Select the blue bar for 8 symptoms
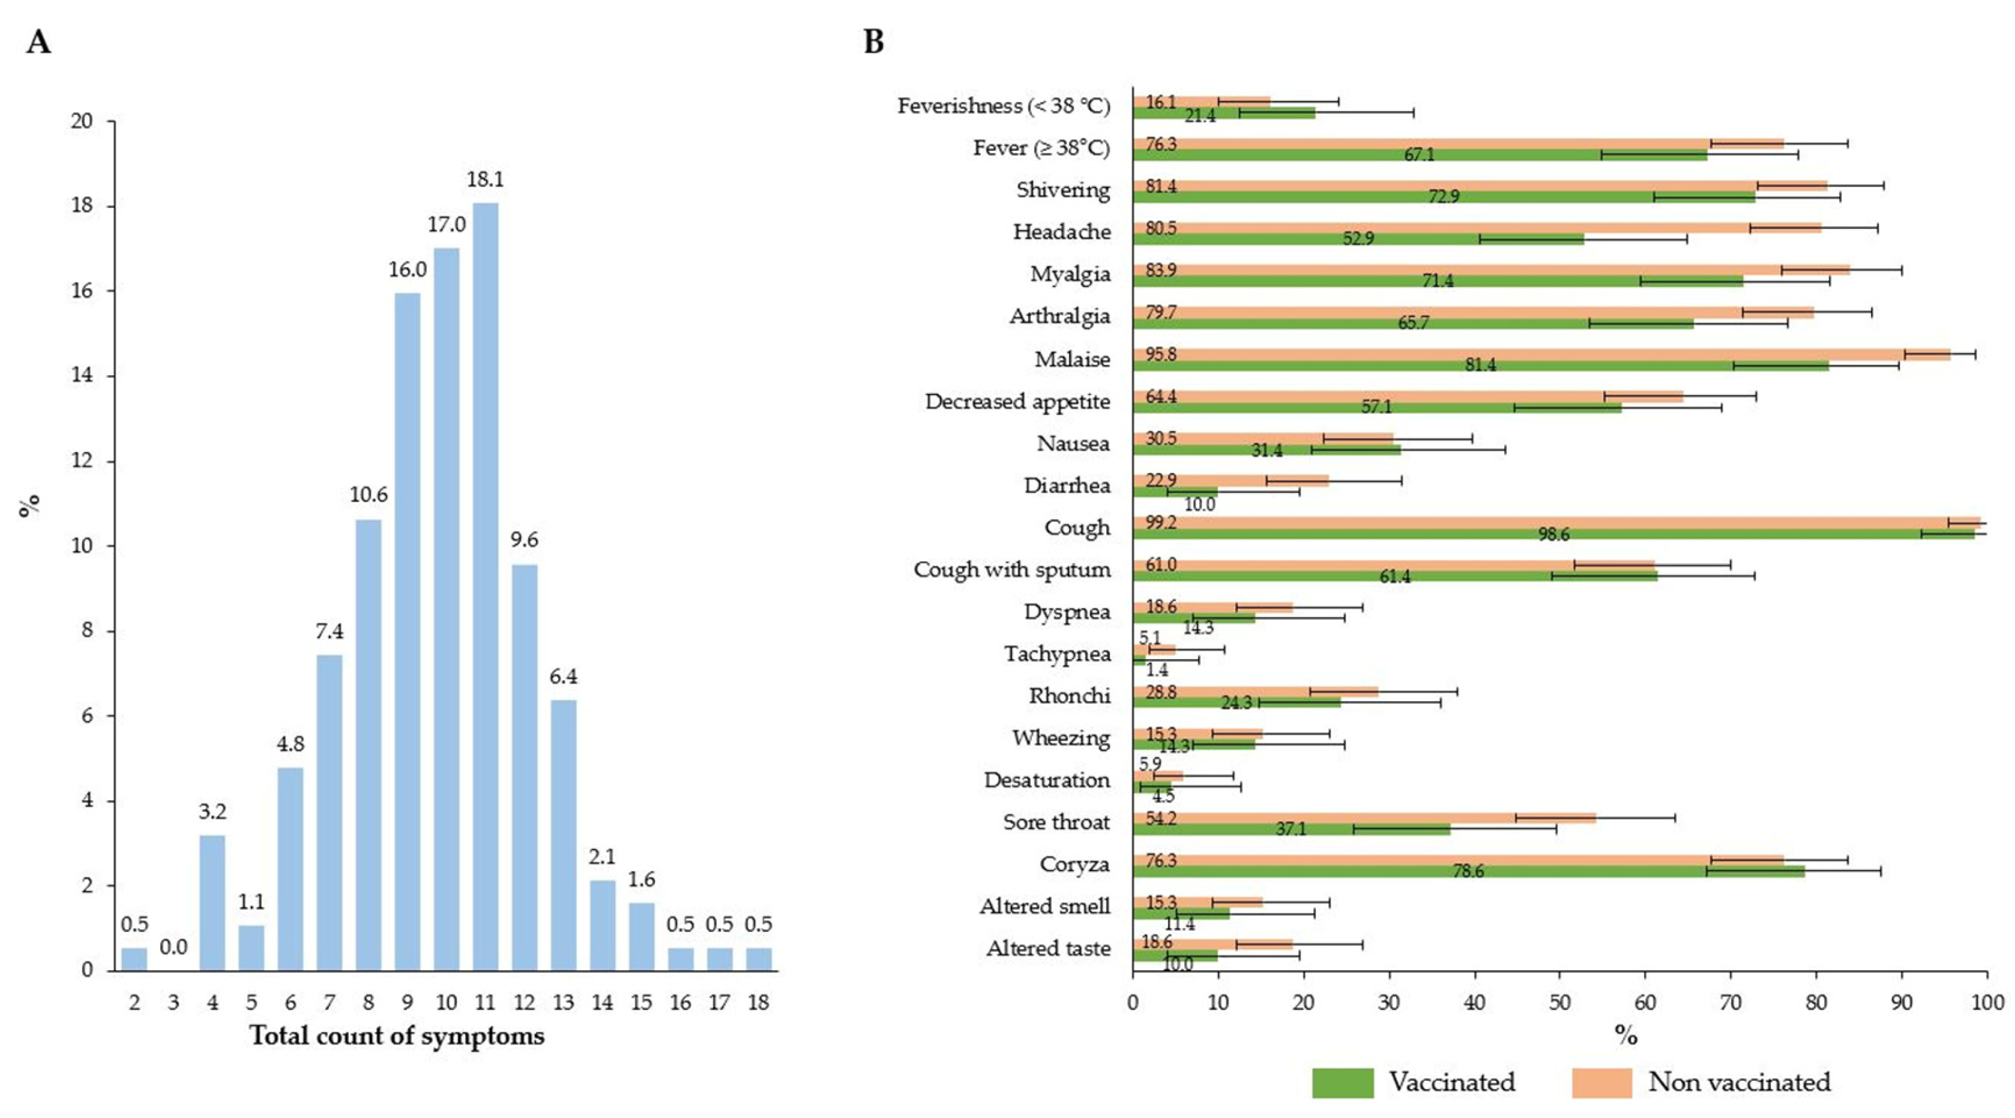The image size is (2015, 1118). coord(368,745)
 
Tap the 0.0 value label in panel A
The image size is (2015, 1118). coord(173,947)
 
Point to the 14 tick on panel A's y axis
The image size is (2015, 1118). coord(82,375)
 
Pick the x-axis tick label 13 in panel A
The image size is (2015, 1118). coord(563,1002)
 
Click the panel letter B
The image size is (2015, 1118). coord(874,41)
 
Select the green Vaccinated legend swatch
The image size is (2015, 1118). coord(1342,1083)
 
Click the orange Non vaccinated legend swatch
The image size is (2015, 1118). coord(1602,1083)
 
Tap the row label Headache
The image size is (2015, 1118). coord(1062,232)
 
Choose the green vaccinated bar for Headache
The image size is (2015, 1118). coord(1358,239)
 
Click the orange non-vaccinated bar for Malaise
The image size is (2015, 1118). coord(1541,354)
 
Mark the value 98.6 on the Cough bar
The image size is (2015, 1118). coord(1554,535)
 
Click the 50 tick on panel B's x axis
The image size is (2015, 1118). coord(1560,1002)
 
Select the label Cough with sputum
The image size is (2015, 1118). coord(1012,569)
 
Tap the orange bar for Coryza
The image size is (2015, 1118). coord(1458,860)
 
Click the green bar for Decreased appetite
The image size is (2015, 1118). coord(1377,408)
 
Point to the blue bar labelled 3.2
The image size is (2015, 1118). coord(212,903)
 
